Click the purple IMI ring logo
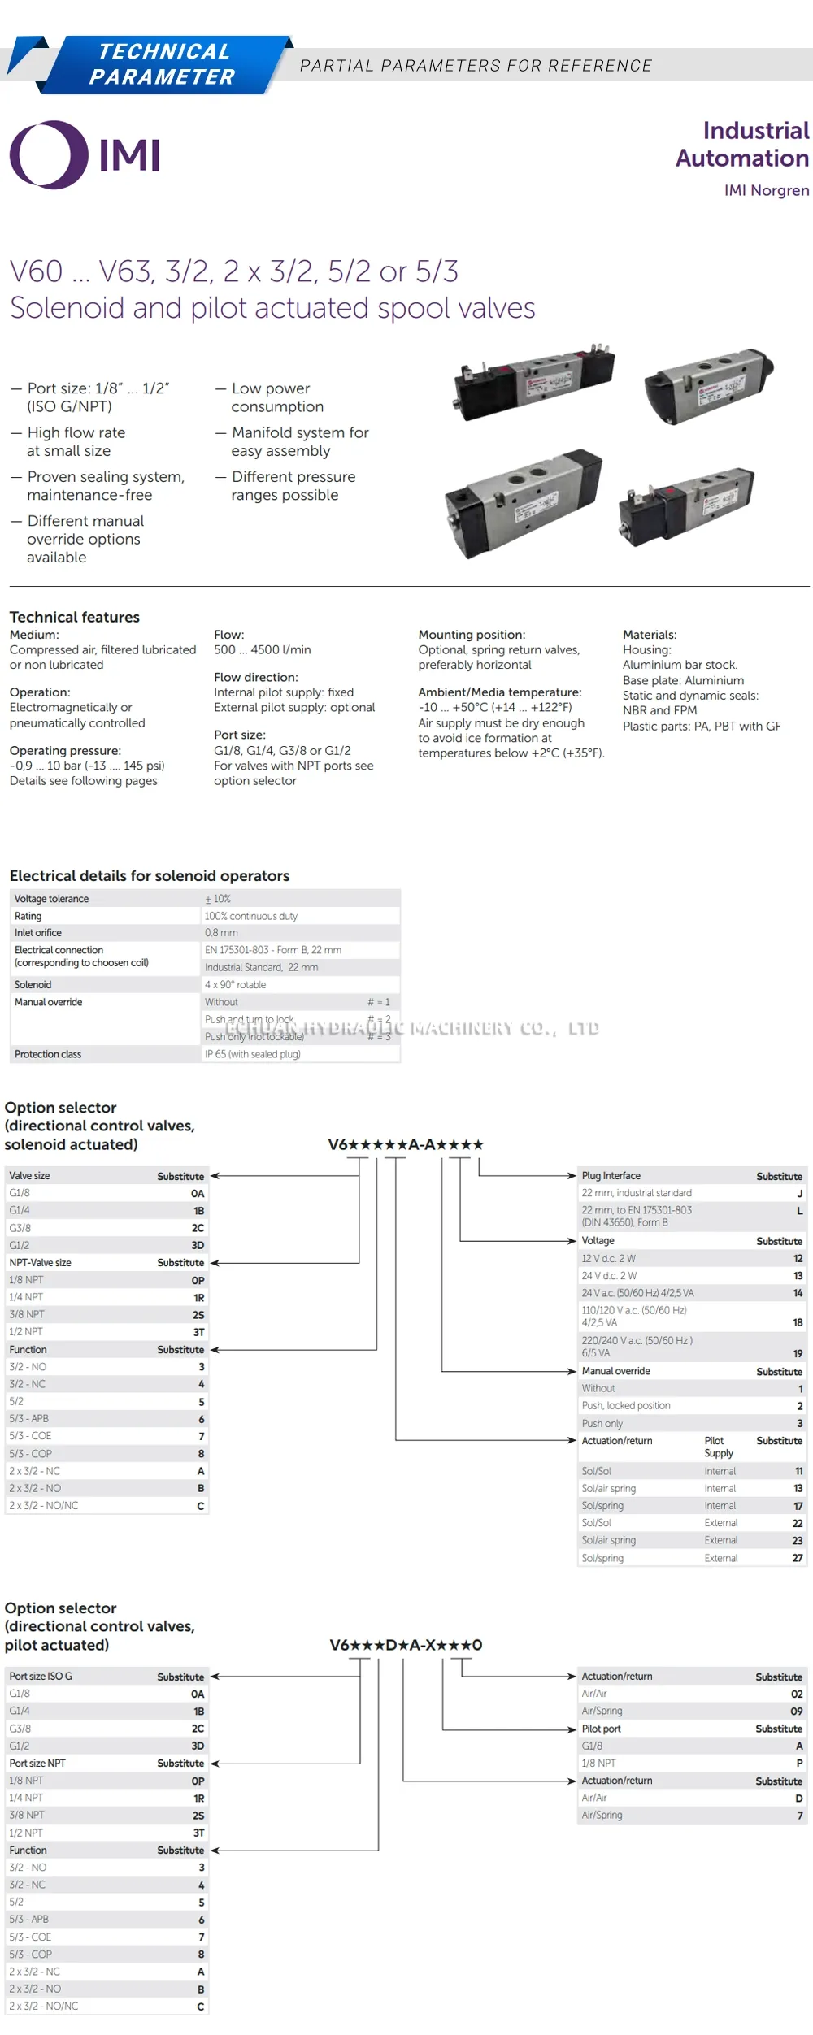pyautogui.click(x=48, y=154)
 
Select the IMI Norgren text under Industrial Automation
pyautogui.click(x=766, y=190)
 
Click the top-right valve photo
pyautogui.click(x=708, y=385)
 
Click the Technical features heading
pyautogui.click(x=75, y=617)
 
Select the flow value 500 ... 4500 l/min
pyautogui.click(x=262, y=649)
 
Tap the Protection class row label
pyautogui.click(x=48, y=1054)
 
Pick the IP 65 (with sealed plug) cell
pyautogui.click(x=253, y=1054)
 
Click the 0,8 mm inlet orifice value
pyautogui.click(x=221, y=933)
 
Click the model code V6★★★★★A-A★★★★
pyautogui.click(x=406, y=1144)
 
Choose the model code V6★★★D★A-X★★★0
pyautogui.click(x=406, y=1645)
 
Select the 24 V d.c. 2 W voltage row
pyautogui.click(x=610, y=1276)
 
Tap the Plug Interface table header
pyautogui.click(x=611, y=1176)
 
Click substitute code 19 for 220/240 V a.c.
pyautogui.click(x=798, y=1353)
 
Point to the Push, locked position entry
pyautogui.click(x=626, y=1405)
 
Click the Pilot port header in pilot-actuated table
pyautogui.click(x=602, y=1729)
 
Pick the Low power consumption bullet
pyautogui.click(x=277, y=397)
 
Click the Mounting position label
pyautogui.click(x=472, y=635)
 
